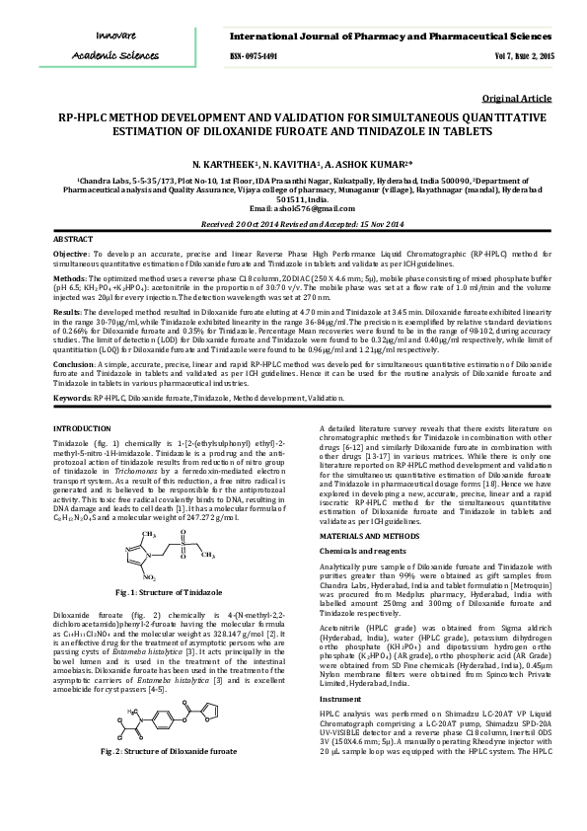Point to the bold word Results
click(x=67, y=311)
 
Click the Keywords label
click(x=72, y=398)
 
